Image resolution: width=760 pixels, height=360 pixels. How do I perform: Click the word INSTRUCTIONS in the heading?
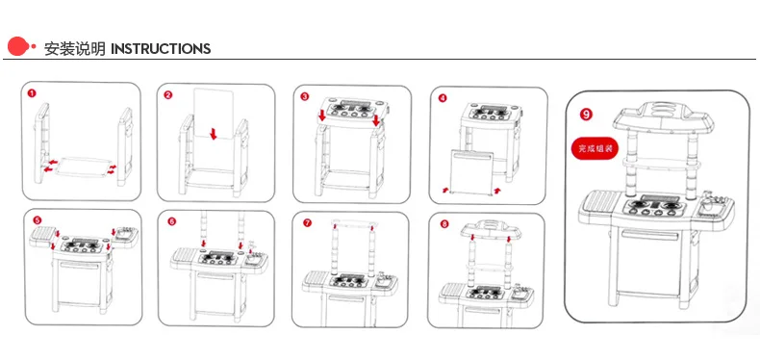pyautogui.click(x=161, y=49)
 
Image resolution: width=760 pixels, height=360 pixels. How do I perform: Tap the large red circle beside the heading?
pyautogui.click(x=17, y=46)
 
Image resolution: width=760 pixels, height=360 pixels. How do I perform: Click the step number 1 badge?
pyautogui.click(x=32, y=93)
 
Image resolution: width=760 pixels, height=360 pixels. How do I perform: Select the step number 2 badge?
pyautogui.click(x=168, y=95)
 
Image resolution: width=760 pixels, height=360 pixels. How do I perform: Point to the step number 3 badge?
pyautogui.click(x=304, y=96)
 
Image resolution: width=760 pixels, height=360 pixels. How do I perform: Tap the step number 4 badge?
pyautogui.click(x=442, y=97)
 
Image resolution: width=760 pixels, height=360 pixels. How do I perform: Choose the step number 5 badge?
pyautogui.click(x=38, y=220)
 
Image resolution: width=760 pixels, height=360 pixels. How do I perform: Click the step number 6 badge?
pyautogui.click(x=172, y=221)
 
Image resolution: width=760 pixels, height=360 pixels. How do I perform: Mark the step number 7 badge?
pyautogui.click(x=307, y=222)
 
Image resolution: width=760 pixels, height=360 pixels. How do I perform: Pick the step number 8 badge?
pyautogui.click(x=444, y=223)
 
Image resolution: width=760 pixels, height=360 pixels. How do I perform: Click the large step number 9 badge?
pyautogui.click(x=586, y=115)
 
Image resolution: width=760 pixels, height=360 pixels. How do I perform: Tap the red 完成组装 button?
pyautogui.click(x=595, y=149)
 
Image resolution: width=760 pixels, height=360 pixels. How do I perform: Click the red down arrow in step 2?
pyautogui.click(x=214, y=134)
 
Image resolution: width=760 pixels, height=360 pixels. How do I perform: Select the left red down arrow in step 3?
pyautogui.click(x=322, y=116)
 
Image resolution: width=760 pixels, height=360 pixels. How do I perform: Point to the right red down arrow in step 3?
pyautogui.click(x=376, y=119)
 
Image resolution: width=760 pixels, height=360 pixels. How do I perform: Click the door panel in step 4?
pyautogui.click(x=472, y=172)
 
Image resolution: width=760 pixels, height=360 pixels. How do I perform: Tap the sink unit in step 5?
pyautogui.click(x=125, y=235)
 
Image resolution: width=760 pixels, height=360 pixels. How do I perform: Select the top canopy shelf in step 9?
pyautogui.click(x=663, y=116)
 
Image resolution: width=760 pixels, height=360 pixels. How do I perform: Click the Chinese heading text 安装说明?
pyautogui.click(x=75, y=49)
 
